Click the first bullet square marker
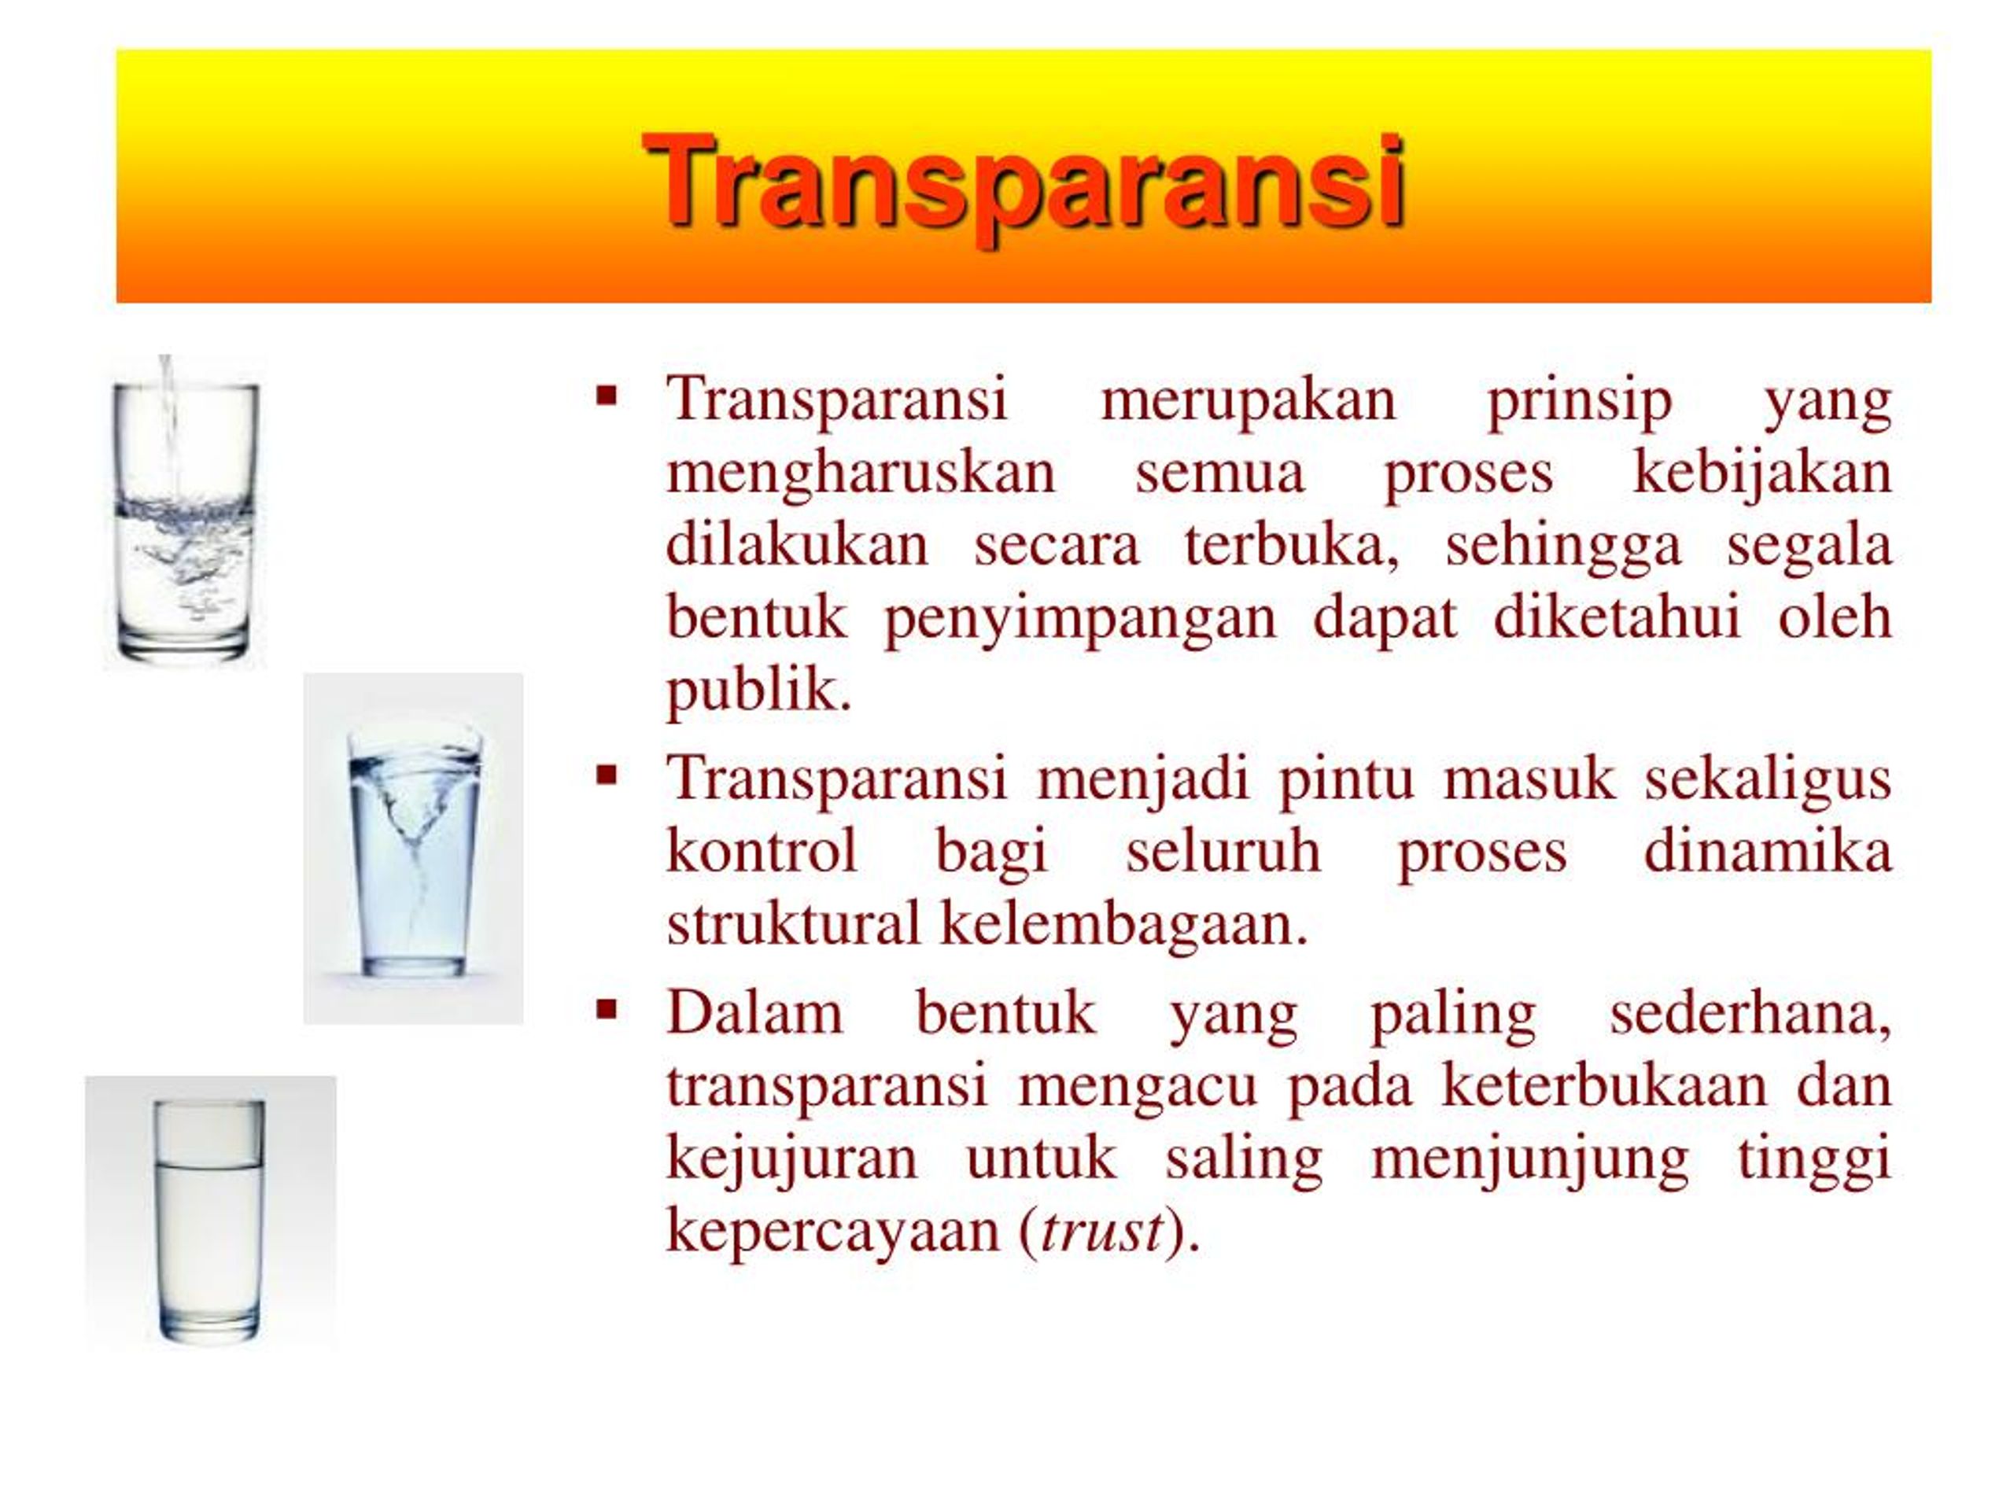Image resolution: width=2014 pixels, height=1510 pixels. [607, 396]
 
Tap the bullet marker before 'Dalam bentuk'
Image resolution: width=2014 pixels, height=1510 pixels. [607, 1009]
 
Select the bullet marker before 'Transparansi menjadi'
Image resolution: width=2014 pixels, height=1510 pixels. [607, 775]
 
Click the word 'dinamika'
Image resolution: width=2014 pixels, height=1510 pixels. [1769, 853]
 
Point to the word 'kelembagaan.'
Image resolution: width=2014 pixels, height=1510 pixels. [1123, 926]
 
